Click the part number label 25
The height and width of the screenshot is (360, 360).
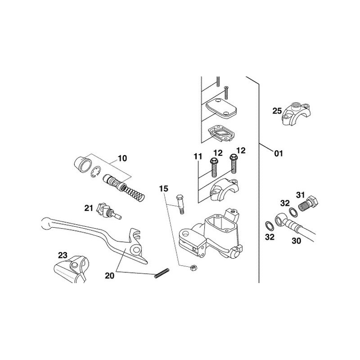pos(277,111)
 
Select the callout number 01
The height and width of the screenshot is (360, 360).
pos(278,153)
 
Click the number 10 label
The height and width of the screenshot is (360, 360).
pos(122,158)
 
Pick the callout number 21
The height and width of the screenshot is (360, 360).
pos(88,208)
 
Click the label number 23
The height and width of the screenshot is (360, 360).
pos(63,255)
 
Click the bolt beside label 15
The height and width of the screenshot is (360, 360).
pos(181,205)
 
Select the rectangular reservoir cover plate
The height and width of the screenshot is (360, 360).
pos(220,107)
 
